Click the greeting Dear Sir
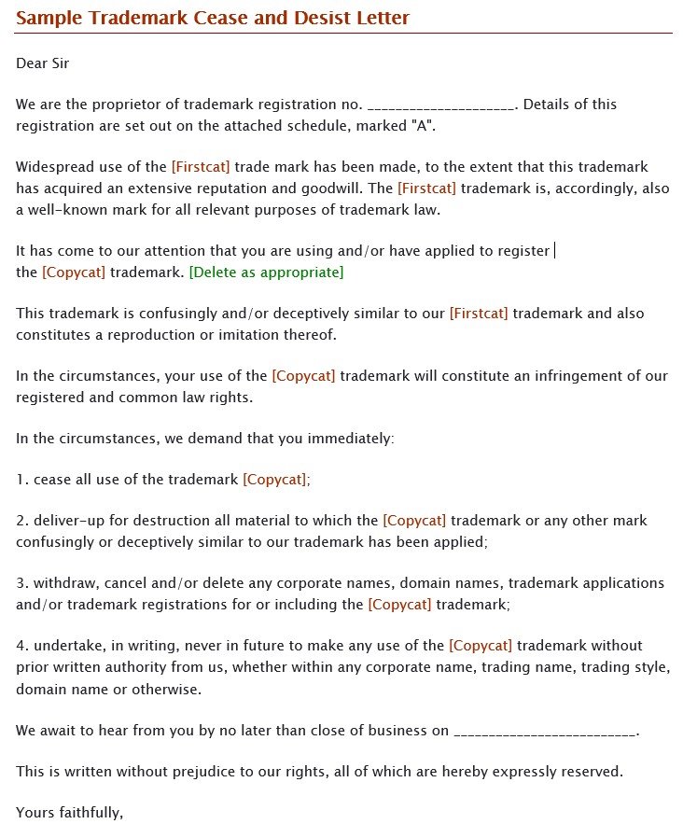42,63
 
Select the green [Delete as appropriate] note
266,272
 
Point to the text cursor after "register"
555,250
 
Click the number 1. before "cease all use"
21,480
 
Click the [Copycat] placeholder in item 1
274,480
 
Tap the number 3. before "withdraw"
21,583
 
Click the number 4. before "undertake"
21,646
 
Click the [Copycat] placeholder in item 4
481,646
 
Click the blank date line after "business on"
544,731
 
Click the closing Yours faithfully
69,813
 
